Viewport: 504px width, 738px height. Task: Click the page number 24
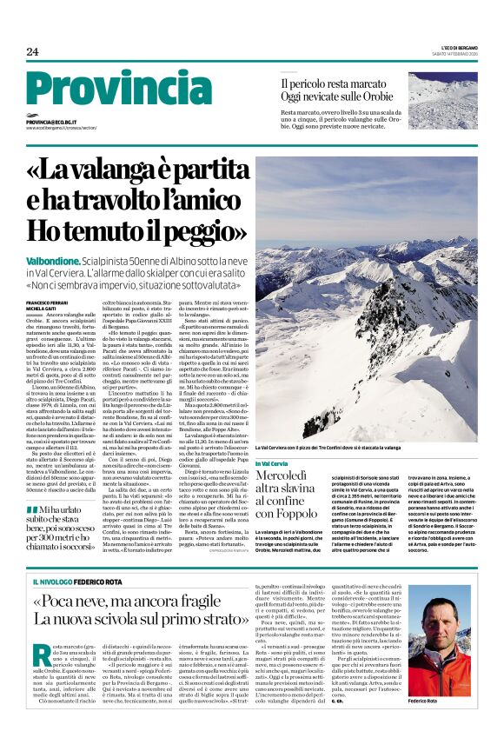coord(32,50)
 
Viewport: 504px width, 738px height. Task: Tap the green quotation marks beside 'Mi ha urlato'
coord(33,485)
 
